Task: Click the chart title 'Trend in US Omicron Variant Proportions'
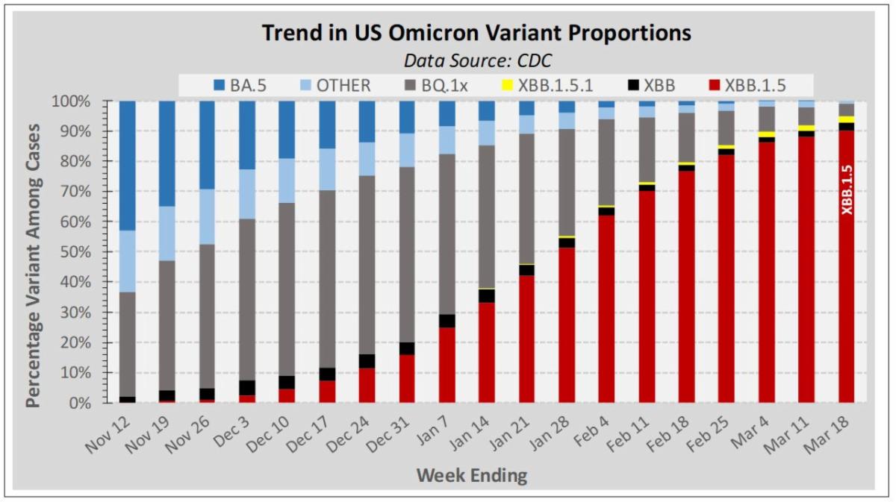pyautogui.click(x=476, y=34)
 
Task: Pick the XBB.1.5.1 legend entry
pyautogui.click(x=552, y=85)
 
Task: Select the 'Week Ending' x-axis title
pyautogui.click(x=471, y=474)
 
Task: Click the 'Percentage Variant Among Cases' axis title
pyautogui.click(x=33, y=252)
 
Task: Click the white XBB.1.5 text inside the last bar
pyautogui.click(x=847, y=190)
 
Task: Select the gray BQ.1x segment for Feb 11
pyautogui.click(x=647, y=149)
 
